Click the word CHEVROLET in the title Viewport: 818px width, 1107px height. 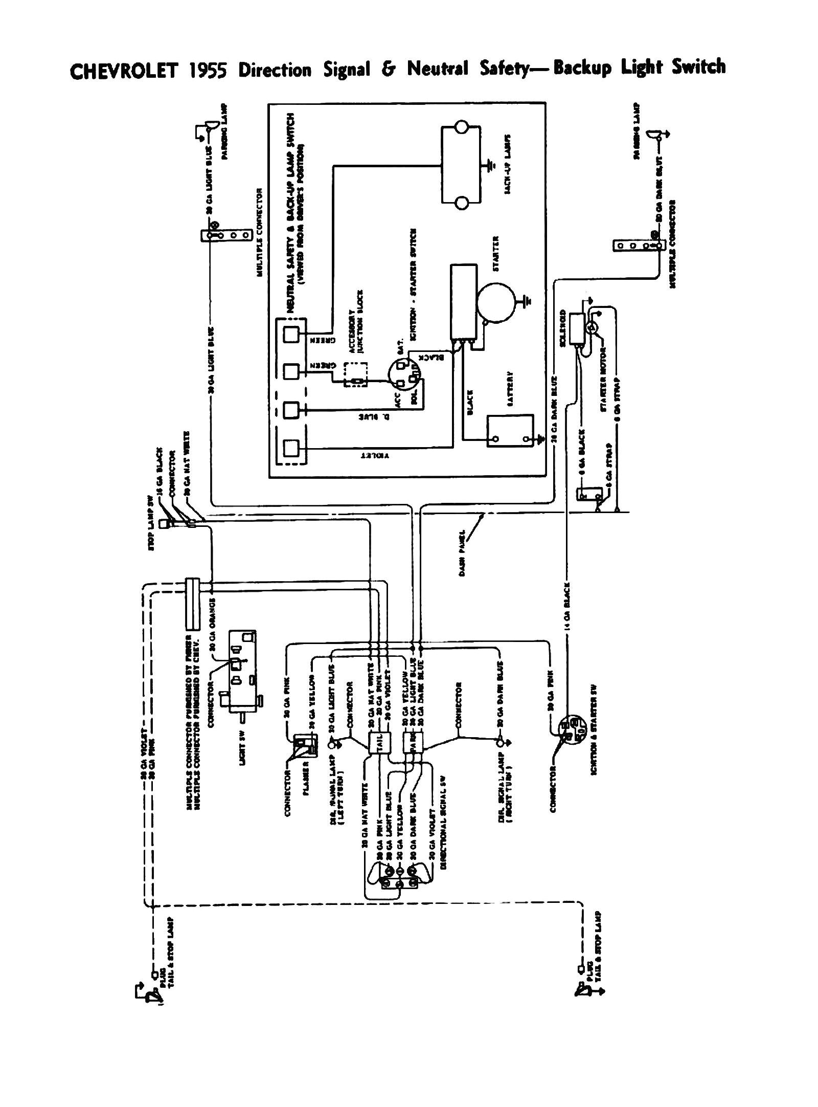coord(123,71)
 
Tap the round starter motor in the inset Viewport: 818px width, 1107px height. coord(495,303)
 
